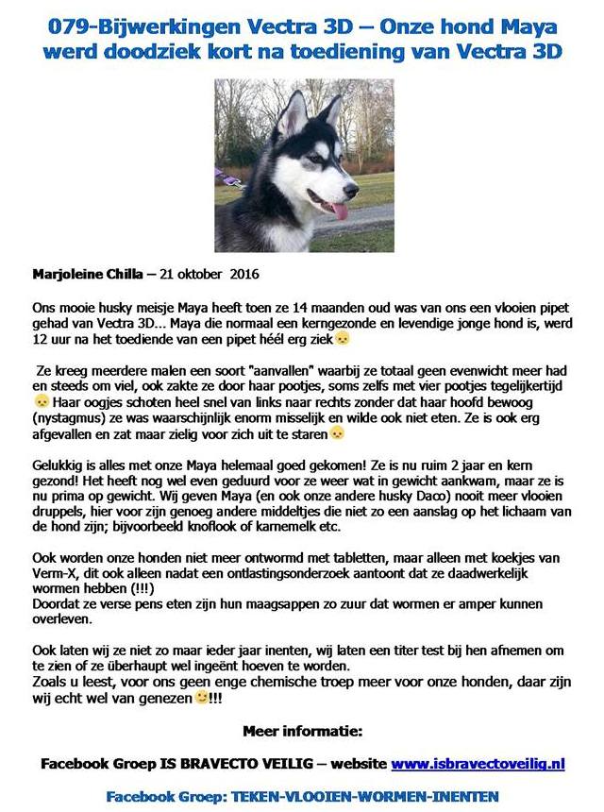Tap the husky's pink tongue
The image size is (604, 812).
pos(338,209)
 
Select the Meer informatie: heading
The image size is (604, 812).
pos(302,731)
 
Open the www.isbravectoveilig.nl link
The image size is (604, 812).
pos(478,762)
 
